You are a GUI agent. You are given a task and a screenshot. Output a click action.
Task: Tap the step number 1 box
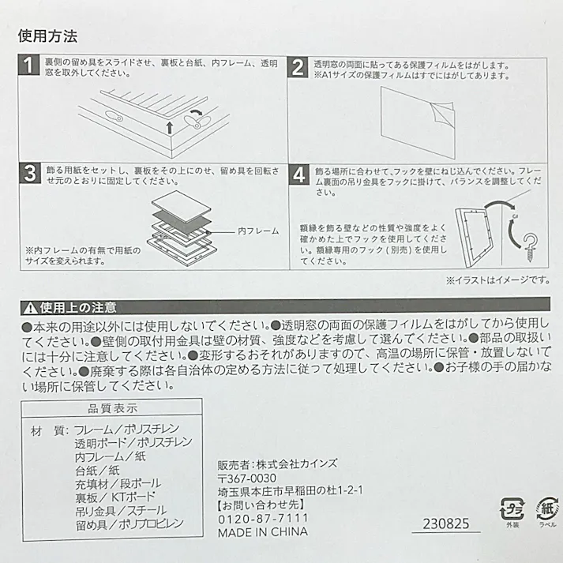[x=28, y=67]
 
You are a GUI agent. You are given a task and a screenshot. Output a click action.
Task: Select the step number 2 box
[x=298, y=67]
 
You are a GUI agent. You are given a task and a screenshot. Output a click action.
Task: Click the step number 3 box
[x=28, y=175]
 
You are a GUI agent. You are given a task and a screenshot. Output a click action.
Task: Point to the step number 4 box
[x=298, y=175]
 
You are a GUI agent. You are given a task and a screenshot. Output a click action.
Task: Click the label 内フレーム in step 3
[x=257, y=231]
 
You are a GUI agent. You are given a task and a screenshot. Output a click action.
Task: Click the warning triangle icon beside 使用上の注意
[x=28, y=308]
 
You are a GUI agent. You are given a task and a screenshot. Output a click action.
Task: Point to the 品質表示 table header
[x=113, y=408]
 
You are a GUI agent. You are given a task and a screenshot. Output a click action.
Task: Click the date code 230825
[x=444, y=524]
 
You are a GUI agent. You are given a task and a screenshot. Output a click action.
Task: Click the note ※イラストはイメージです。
[x=498, y=280]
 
